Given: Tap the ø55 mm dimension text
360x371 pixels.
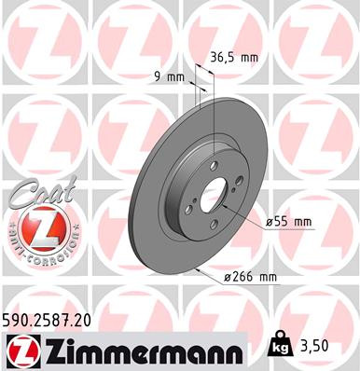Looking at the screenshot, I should (x=288, y=223).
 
